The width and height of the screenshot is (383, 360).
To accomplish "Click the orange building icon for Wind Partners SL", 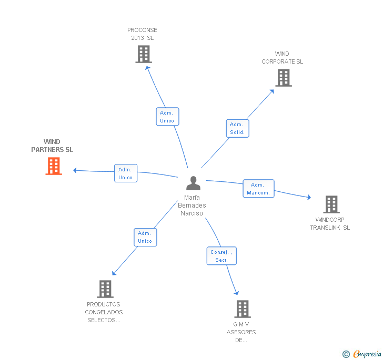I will [x=54, y=166].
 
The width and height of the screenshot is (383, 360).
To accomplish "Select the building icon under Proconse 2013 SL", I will [x=144, y=54].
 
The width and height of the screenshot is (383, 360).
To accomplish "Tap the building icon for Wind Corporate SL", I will [x=284, y=78].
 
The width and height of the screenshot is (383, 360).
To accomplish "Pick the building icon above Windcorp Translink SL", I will [x=331, y=204].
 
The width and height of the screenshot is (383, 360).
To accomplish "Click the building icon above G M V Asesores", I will [x=243, y=309].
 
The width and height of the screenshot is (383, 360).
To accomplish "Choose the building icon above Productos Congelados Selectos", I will [x=105, y=289].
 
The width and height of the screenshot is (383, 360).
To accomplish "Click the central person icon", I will [x=194, y=183].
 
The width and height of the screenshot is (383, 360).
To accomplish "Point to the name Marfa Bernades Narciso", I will [x=192, y=205].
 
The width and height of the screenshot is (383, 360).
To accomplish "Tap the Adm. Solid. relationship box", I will [x=237, y=128].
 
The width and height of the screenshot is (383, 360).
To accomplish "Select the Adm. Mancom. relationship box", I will [x=258, y=189].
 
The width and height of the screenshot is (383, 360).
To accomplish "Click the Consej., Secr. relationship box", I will [x=221, y=256].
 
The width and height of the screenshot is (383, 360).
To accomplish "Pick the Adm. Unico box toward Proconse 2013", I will [x=167, y=117].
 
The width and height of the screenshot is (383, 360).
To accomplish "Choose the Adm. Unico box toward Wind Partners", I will [x=126, y=173].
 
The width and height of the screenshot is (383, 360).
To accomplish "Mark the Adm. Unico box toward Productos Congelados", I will [x=145, y=237].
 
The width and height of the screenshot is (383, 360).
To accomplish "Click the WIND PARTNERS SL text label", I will [x=52, y=146].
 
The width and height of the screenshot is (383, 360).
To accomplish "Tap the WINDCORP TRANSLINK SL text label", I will [x=330, y=223].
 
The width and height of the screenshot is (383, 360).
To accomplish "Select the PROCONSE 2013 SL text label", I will [x=142, y=34].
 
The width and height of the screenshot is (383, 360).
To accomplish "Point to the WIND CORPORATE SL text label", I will [x=283, y=57].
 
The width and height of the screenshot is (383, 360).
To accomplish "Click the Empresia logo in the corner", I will [x=362, y=354].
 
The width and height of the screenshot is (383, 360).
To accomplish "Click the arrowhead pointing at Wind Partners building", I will [x=75, y=170].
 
